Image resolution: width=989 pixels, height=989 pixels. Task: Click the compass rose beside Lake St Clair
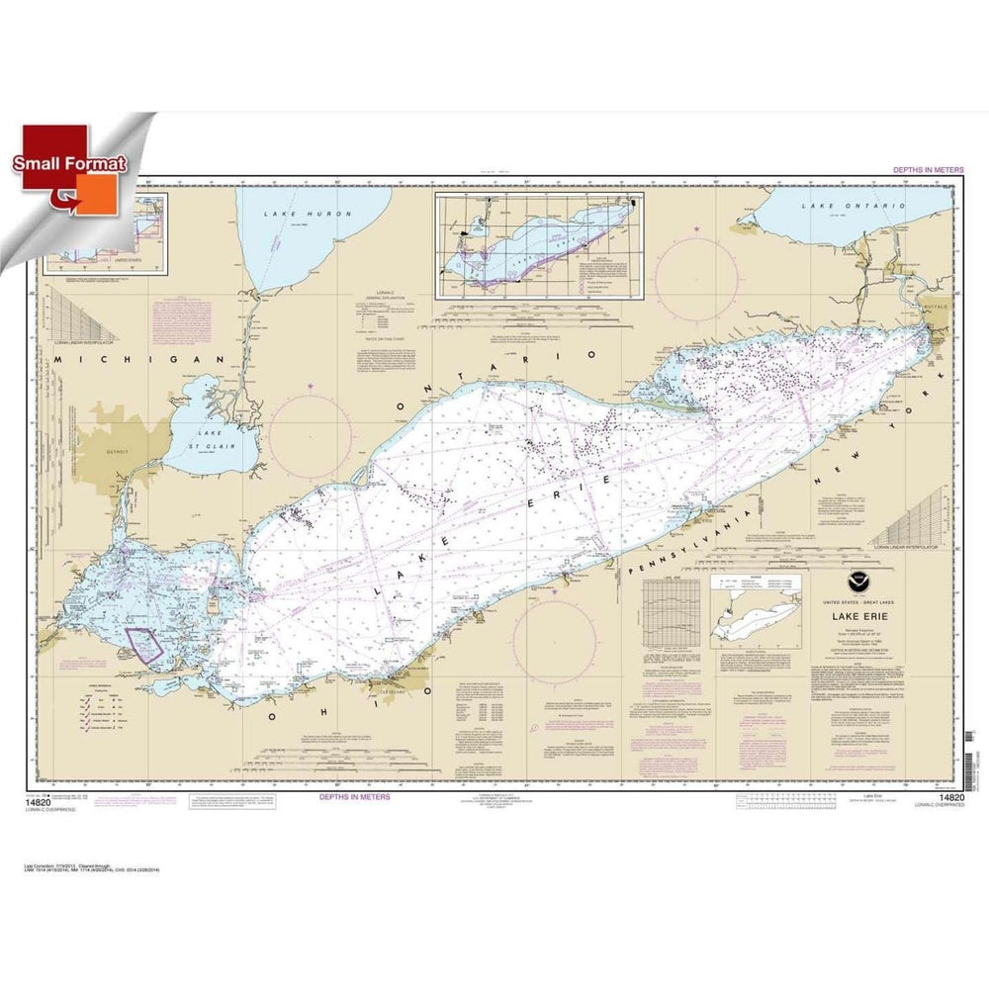coord(311,436)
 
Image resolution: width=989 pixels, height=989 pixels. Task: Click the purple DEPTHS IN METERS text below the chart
coord(353,796)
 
